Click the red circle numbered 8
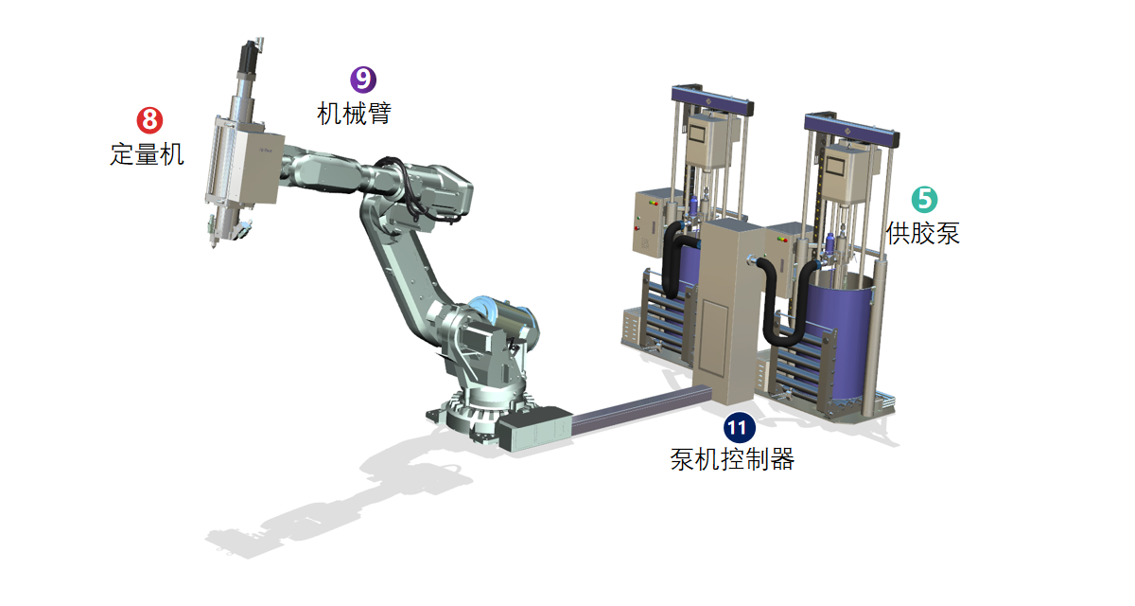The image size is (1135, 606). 149,120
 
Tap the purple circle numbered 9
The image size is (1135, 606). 363,80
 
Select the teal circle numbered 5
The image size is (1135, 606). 924,199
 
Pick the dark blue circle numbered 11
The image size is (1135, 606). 740,427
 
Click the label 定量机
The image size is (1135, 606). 147,154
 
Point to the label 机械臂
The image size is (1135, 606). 354,113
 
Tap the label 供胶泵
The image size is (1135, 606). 923,233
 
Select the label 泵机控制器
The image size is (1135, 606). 732,459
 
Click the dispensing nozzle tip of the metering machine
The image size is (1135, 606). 213,245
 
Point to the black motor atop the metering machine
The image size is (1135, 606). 250,57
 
